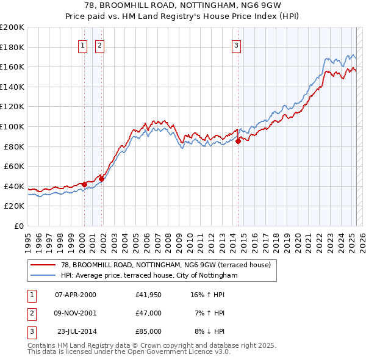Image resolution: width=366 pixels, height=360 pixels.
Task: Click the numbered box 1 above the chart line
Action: point(82,45)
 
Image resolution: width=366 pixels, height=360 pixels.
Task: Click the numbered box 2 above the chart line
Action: point(99,45)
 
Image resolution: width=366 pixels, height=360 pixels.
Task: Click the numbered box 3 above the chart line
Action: point(236,45)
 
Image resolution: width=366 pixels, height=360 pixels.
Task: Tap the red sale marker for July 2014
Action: point(238,142)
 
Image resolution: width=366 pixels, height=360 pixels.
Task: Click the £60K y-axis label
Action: point(14,166)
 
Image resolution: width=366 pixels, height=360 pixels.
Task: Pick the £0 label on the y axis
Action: point(19,226)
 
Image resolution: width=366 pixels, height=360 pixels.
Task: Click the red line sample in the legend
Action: point(43,265)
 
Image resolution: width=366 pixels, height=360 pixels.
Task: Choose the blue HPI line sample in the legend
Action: point(43,275)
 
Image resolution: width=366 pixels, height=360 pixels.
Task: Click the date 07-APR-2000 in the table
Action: point(76,295)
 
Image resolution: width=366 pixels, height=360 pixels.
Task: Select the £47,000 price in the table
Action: point(149,313)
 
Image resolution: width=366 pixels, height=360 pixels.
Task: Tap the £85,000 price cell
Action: point(149,331)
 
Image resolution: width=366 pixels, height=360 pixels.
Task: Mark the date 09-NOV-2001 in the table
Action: point(76,313)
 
